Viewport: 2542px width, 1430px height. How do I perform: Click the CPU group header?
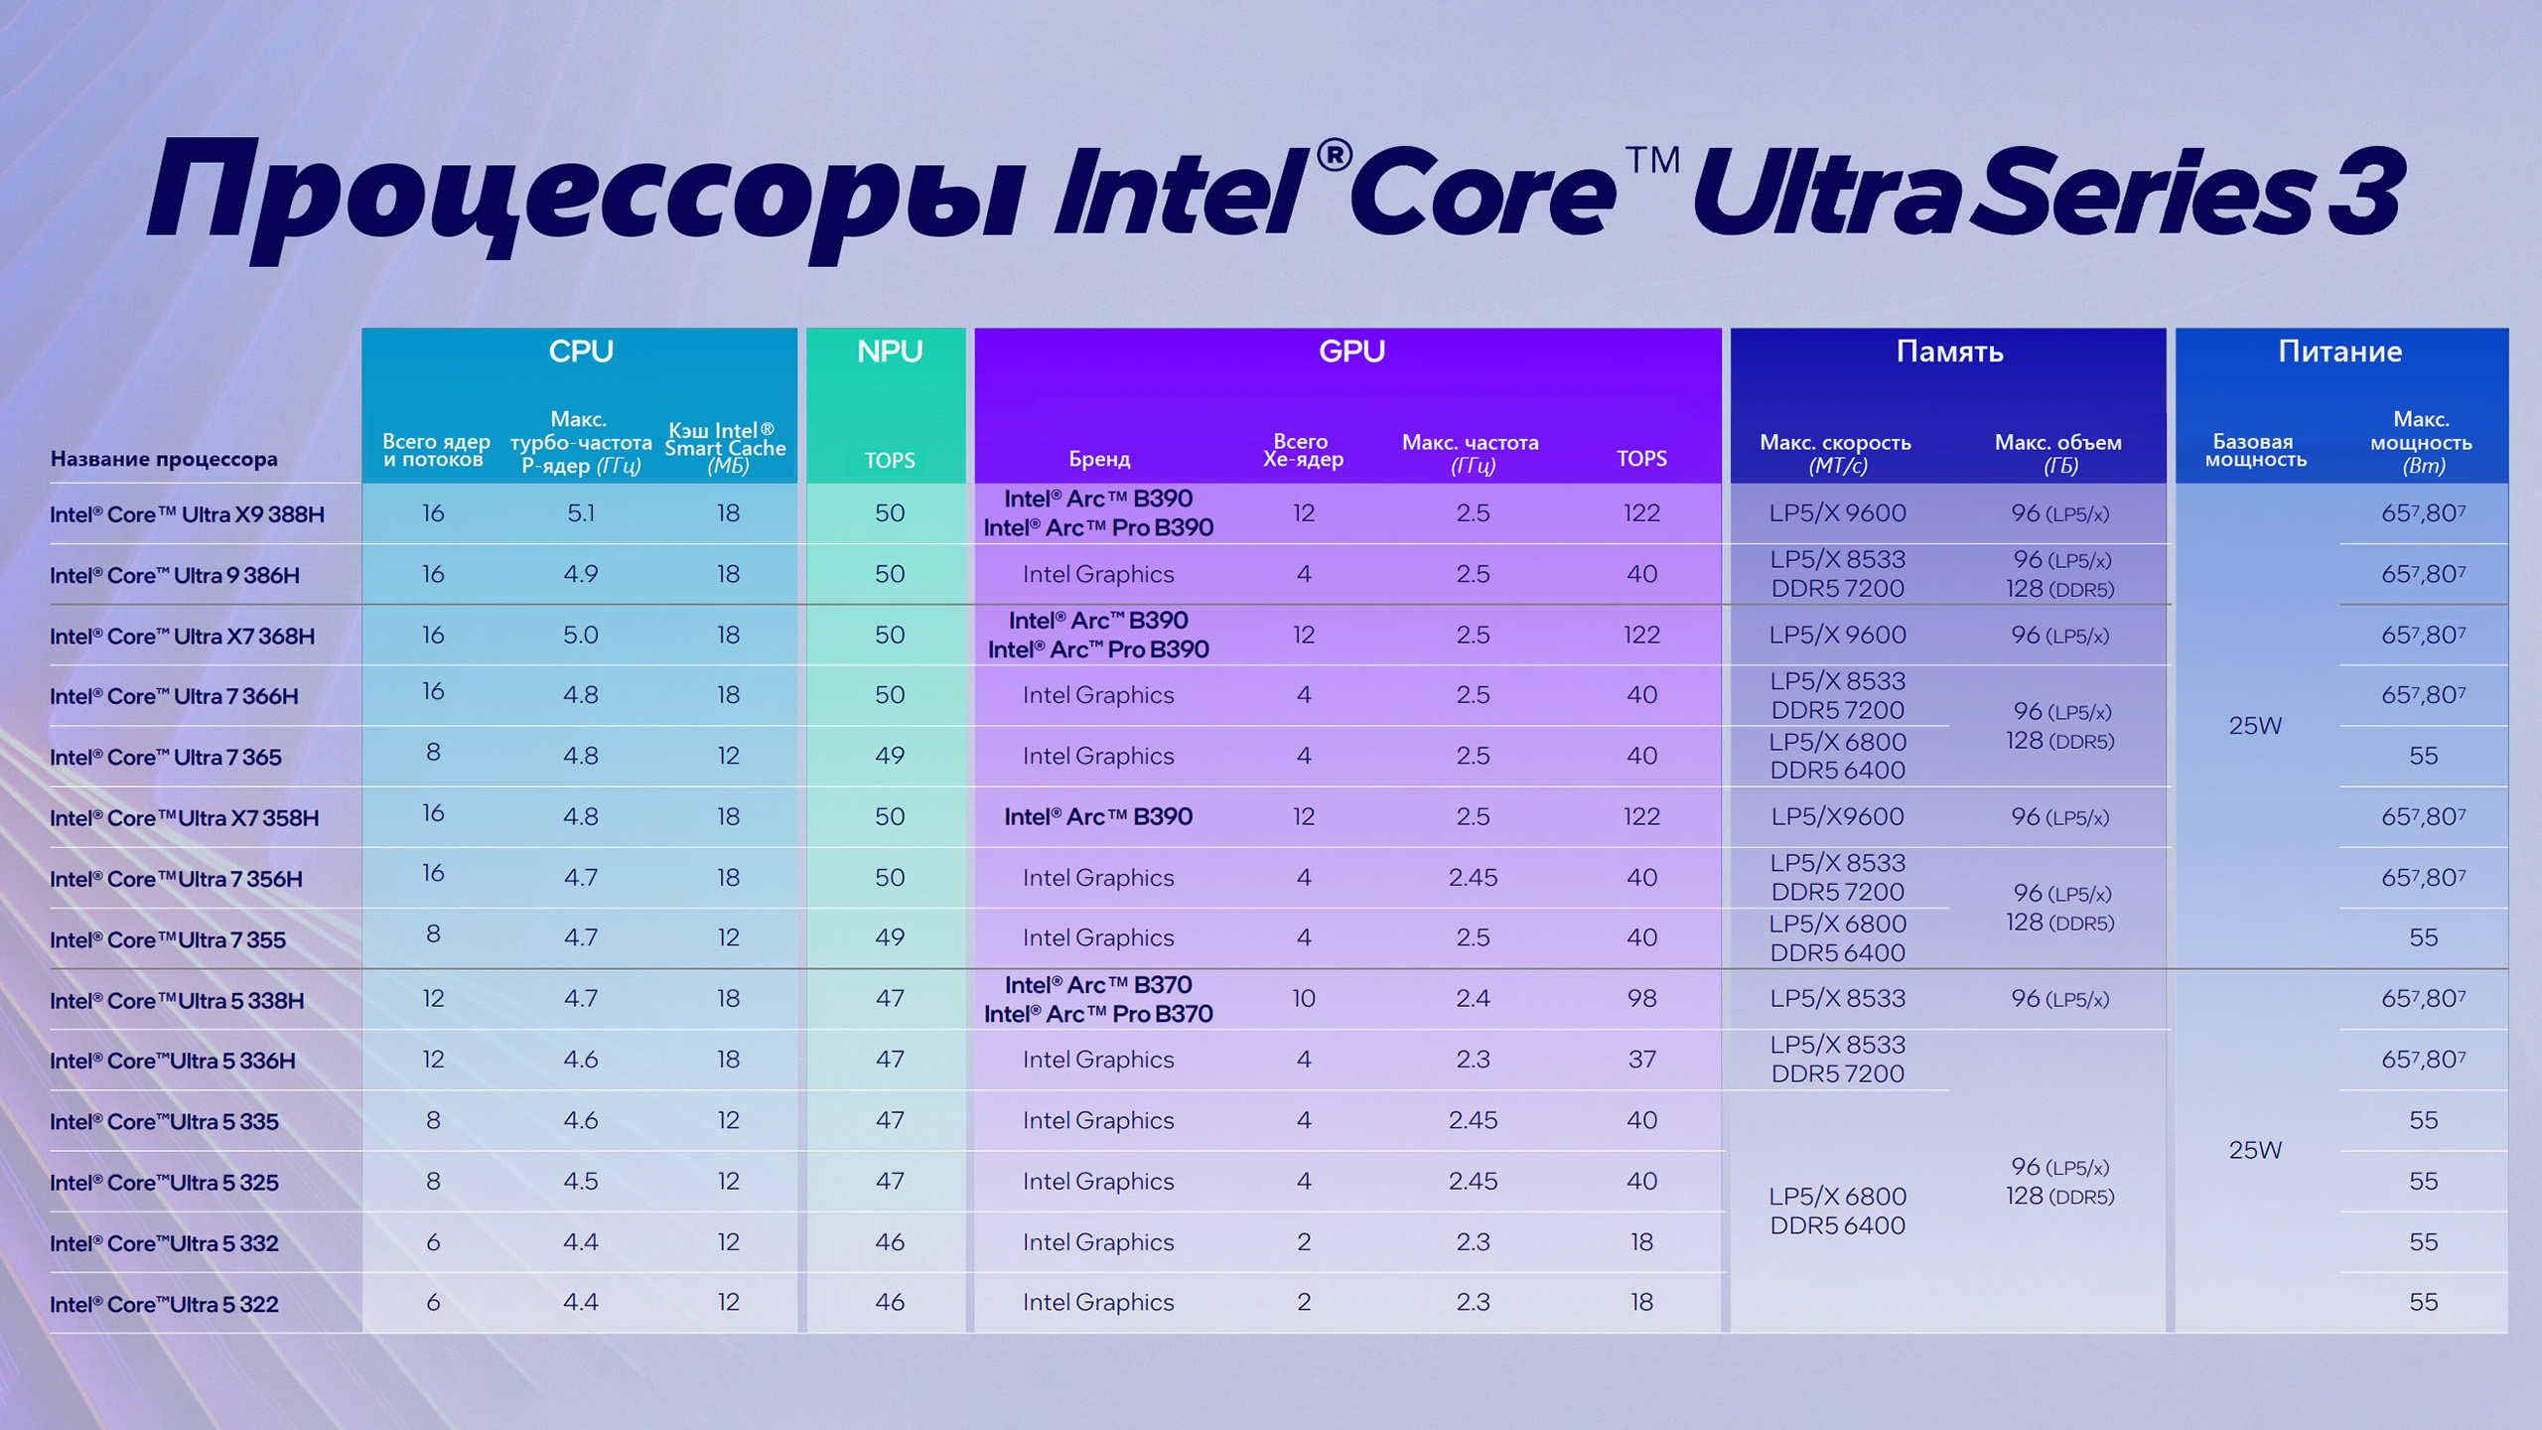[x=581, y=352]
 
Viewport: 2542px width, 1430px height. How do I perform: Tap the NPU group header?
[x=890, y=352]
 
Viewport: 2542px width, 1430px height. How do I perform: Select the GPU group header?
[x=1351, y=352]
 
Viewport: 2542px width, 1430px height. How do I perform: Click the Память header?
[x=1949, y=352]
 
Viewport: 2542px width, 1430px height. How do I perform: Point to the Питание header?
[x=2339, y=352]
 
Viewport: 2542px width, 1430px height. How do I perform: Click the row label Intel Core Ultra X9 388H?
[x=187, y=514]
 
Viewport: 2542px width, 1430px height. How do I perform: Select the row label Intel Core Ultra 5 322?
[x=164, y=1304]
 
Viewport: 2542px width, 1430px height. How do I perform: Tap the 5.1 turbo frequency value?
[x=581, y=513]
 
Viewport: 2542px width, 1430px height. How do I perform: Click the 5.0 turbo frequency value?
[x=581, y=635]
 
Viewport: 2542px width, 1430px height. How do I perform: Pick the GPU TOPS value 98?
[x=1641, y=998]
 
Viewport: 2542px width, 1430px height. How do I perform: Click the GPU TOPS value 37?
[x=1641, y=1060]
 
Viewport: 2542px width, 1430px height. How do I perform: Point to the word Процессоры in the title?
[x=586, y=194]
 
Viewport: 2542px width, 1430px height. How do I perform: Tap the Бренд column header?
[x=1099, y=459]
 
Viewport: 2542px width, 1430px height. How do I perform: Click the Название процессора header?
[x=164, y=459]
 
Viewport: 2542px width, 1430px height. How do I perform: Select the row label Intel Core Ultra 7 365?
[x=166, y=757]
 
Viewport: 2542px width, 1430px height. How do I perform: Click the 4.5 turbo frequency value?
[x=581, y=1181]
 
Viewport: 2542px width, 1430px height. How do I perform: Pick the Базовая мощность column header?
[x=2255, y=450]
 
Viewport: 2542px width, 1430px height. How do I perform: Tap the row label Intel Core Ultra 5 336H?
[x=173, y=1061]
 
